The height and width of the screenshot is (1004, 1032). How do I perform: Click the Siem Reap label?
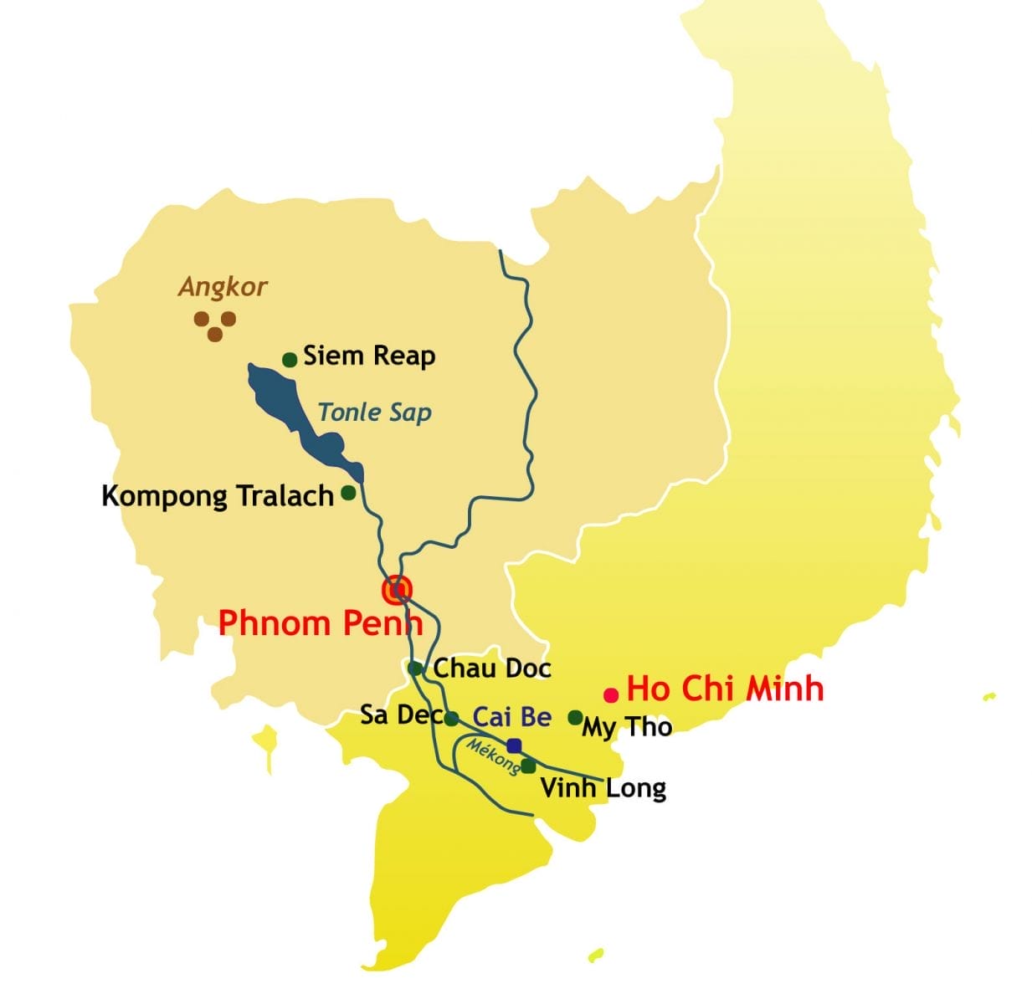[x=369, y=356]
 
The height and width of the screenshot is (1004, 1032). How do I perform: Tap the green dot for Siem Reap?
[x=290, y=360]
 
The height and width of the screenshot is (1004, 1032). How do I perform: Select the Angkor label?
[x=223, y=288]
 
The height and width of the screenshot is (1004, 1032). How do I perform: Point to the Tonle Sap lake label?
[x=375, y=412]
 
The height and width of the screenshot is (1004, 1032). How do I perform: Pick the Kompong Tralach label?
[x=218, y=496]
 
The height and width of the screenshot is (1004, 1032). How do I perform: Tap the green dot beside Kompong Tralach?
[x=348, y=493]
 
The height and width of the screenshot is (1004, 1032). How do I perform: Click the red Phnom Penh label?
[x=320, y=623]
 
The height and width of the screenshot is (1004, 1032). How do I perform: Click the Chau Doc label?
[x=492, y=668]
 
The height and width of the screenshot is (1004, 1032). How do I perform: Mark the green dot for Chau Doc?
[x=414, y=668]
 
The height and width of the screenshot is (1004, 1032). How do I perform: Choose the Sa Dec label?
[x=400, y=715]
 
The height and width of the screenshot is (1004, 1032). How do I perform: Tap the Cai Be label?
[x=512, y=717]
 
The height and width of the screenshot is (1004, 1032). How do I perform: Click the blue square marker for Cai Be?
[x=515, y=745]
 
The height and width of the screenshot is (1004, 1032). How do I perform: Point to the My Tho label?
[x=627, y=727]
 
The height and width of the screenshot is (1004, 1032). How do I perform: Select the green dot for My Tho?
[x=575, y=717]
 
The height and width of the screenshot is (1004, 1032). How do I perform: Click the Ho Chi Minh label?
[x=725, y=689]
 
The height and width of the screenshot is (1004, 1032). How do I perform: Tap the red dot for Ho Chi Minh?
[x=612, y=694]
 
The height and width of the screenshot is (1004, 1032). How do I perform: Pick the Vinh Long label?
[x=603, y=788]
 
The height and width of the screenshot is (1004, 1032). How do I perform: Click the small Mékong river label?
[x=492, y=758]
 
